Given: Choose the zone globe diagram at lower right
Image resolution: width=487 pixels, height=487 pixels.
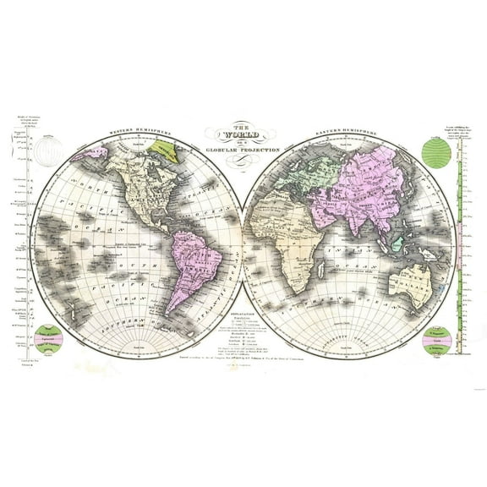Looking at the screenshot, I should (435, 342).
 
